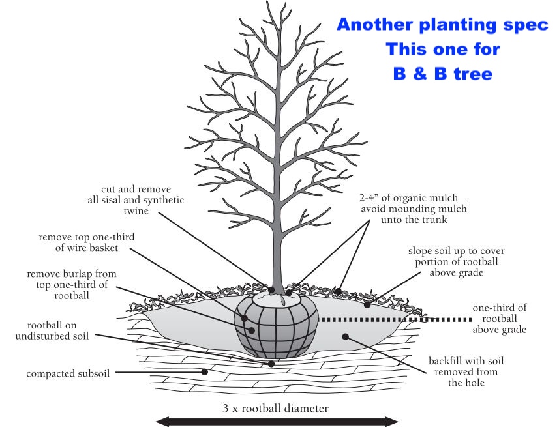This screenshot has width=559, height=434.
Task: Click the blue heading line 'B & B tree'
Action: pos(442,74)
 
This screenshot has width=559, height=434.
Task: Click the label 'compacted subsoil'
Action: pos(68,373)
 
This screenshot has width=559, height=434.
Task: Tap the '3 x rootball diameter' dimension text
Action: pos(275,408)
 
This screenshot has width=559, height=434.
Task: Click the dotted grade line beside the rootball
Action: pos(396,320)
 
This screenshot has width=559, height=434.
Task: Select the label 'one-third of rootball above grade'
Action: pos(500,318)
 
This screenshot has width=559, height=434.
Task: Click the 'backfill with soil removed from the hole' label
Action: pos(466,371)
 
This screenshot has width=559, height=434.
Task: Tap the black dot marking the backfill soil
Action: pos(345,336)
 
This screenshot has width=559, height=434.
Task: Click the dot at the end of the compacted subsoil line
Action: pos(204,372)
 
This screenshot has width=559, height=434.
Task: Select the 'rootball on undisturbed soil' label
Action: pos(52,330)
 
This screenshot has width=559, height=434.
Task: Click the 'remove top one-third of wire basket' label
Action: pos(87,242)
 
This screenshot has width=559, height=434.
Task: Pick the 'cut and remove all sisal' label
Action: pos(136,200)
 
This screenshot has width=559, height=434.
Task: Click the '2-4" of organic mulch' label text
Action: pos(414,209)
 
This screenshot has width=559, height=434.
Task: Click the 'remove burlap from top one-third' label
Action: pos(72,285)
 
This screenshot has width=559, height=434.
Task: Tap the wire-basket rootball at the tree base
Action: pos(276,327)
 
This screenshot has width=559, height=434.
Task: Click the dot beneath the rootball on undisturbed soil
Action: pos(271,364)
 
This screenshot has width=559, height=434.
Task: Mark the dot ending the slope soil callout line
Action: pos(367,305)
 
